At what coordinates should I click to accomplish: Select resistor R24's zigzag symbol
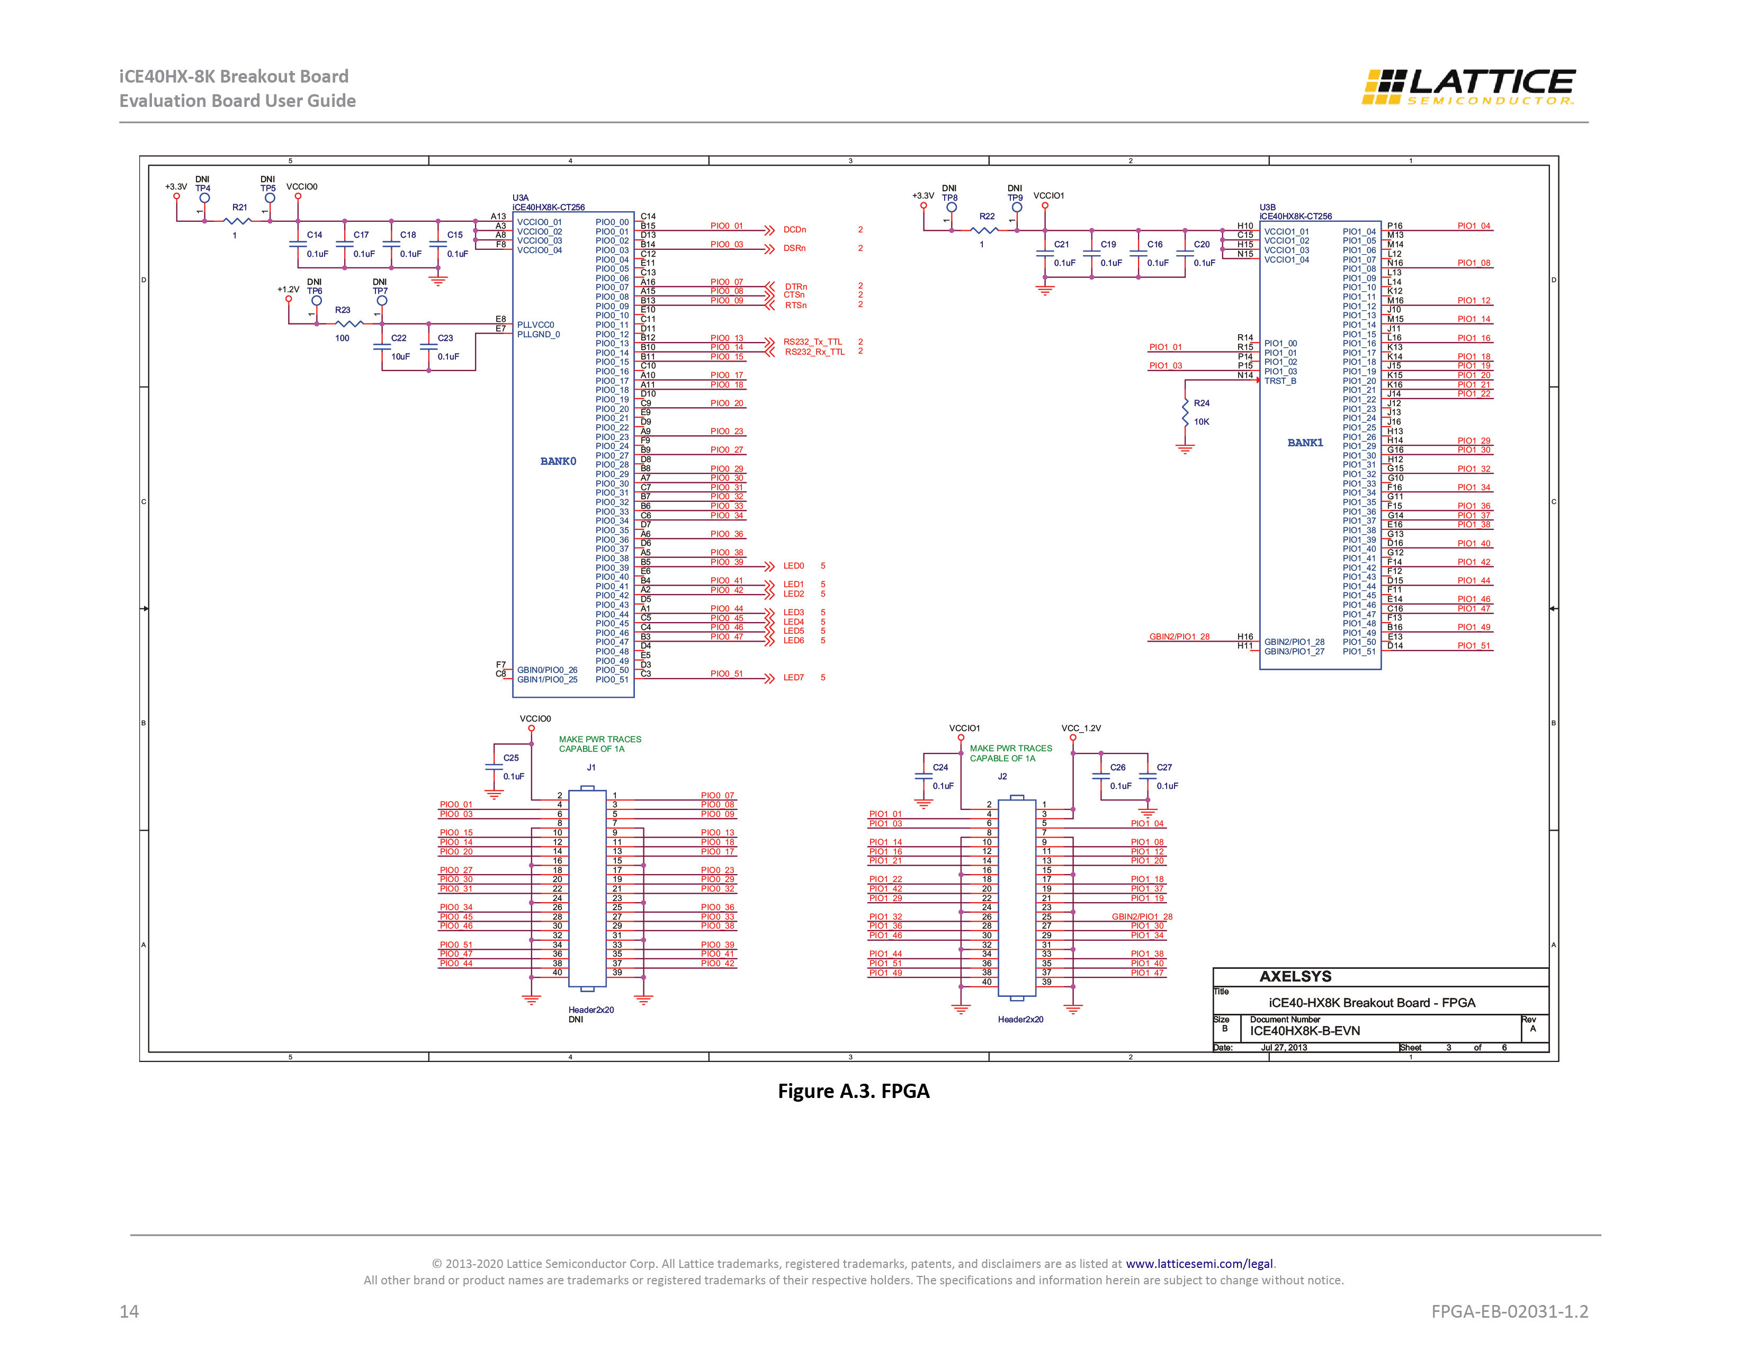[x=1185, y=412]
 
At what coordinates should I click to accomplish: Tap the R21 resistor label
[x=240, y=207]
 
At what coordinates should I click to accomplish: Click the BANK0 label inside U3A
[x=558, y=462]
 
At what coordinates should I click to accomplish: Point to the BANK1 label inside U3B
[x=1305, y=443]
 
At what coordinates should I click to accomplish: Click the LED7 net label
[x=793, y=678]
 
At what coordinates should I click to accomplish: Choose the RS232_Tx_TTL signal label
[x=812, y=341]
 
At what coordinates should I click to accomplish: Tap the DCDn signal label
[x=795, y=230]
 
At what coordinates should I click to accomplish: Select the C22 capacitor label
[x=399, y=338]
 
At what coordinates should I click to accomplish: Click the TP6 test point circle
[x=316, y=301]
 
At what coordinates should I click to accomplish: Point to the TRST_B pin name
[x=1280, y=381]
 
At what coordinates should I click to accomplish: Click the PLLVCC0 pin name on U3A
[x=535, y=325]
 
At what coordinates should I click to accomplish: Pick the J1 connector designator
[x=591, y=768]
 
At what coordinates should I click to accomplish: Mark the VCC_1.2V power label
[x=1081, y=728]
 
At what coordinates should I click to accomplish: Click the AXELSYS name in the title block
[x=1296, y=976]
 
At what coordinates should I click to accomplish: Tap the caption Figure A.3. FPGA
[x=854, y=1092]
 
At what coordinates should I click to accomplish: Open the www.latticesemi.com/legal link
[x=1199, y=1264]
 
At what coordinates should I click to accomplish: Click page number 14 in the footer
[x=129, y=1311]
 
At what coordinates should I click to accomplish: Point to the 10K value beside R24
[x=1202, y=422]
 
